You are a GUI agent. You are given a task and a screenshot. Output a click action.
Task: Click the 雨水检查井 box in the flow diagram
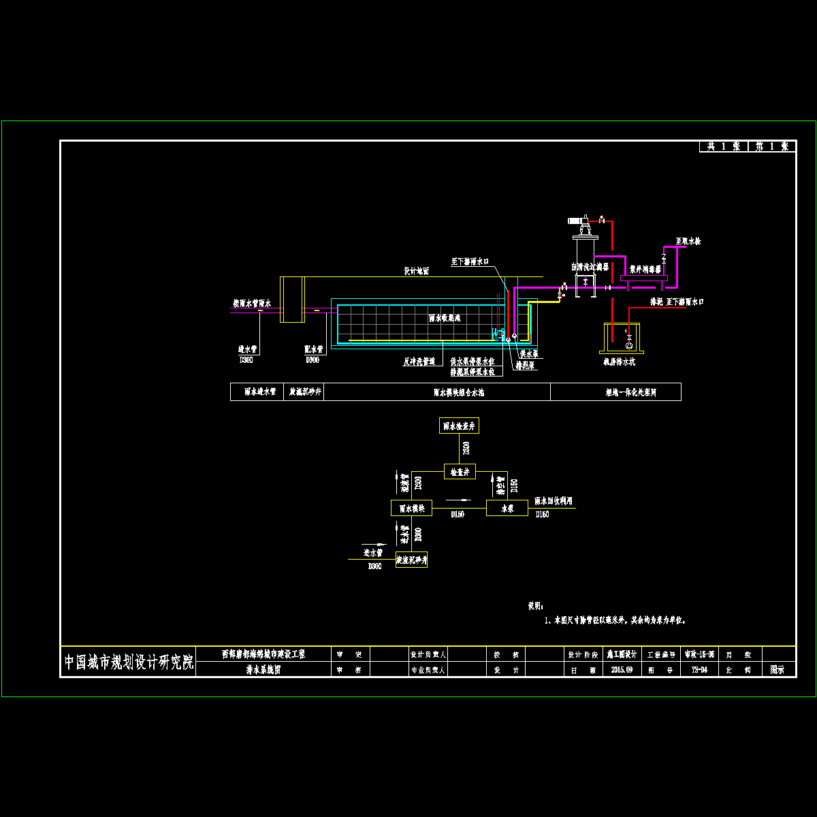pos(459,426)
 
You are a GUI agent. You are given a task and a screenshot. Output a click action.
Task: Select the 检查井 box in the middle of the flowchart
pos(460,471)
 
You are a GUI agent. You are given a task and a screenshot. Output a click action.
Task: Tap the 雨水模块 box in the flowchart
pos(411,508)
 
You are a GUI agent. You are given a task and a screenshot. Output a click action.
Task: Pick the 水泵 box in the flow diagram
pos(507,508)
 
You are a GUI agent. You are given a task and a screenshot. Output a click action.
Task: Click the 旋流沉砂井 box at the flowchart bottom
pos(411,560)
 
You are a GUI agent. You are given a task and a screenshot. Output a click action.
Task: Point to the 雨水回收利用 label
pos(553,500)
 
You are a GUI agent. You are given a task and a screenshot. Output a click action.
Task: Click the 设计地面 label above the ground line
pos(416,271)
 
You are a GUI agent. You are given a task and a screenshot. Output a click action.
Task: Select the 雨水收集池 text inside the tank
pos(445,317)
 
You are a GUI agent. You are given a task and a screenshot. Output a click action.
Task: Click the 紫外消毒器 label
pos(645,269)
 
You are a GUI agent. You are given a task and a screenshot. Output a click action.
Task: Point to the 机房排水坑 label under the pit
pos(619,362)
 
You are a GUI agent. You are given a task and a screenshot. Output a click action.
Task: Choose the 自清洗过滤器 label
pos(590,267)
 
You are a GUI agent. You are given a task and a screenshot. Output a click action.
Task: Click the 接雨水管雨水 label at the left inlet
pos(252,303)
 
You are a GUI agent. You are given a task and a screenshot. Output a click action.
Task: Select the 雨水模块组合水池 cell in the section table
pos(458,392)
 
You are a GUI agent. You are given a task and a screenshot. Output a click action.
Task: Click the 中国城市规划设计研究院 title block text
pos(129,662)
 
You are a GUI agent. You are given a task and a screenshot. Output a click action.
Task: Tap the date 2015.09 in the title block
pos(622,670)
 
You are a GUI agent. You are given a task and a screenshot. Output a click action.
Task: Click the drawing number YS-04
pos(699,670)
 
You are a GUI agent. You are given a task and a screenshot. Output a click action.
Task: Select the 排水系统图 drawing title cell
pos(263,670)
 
